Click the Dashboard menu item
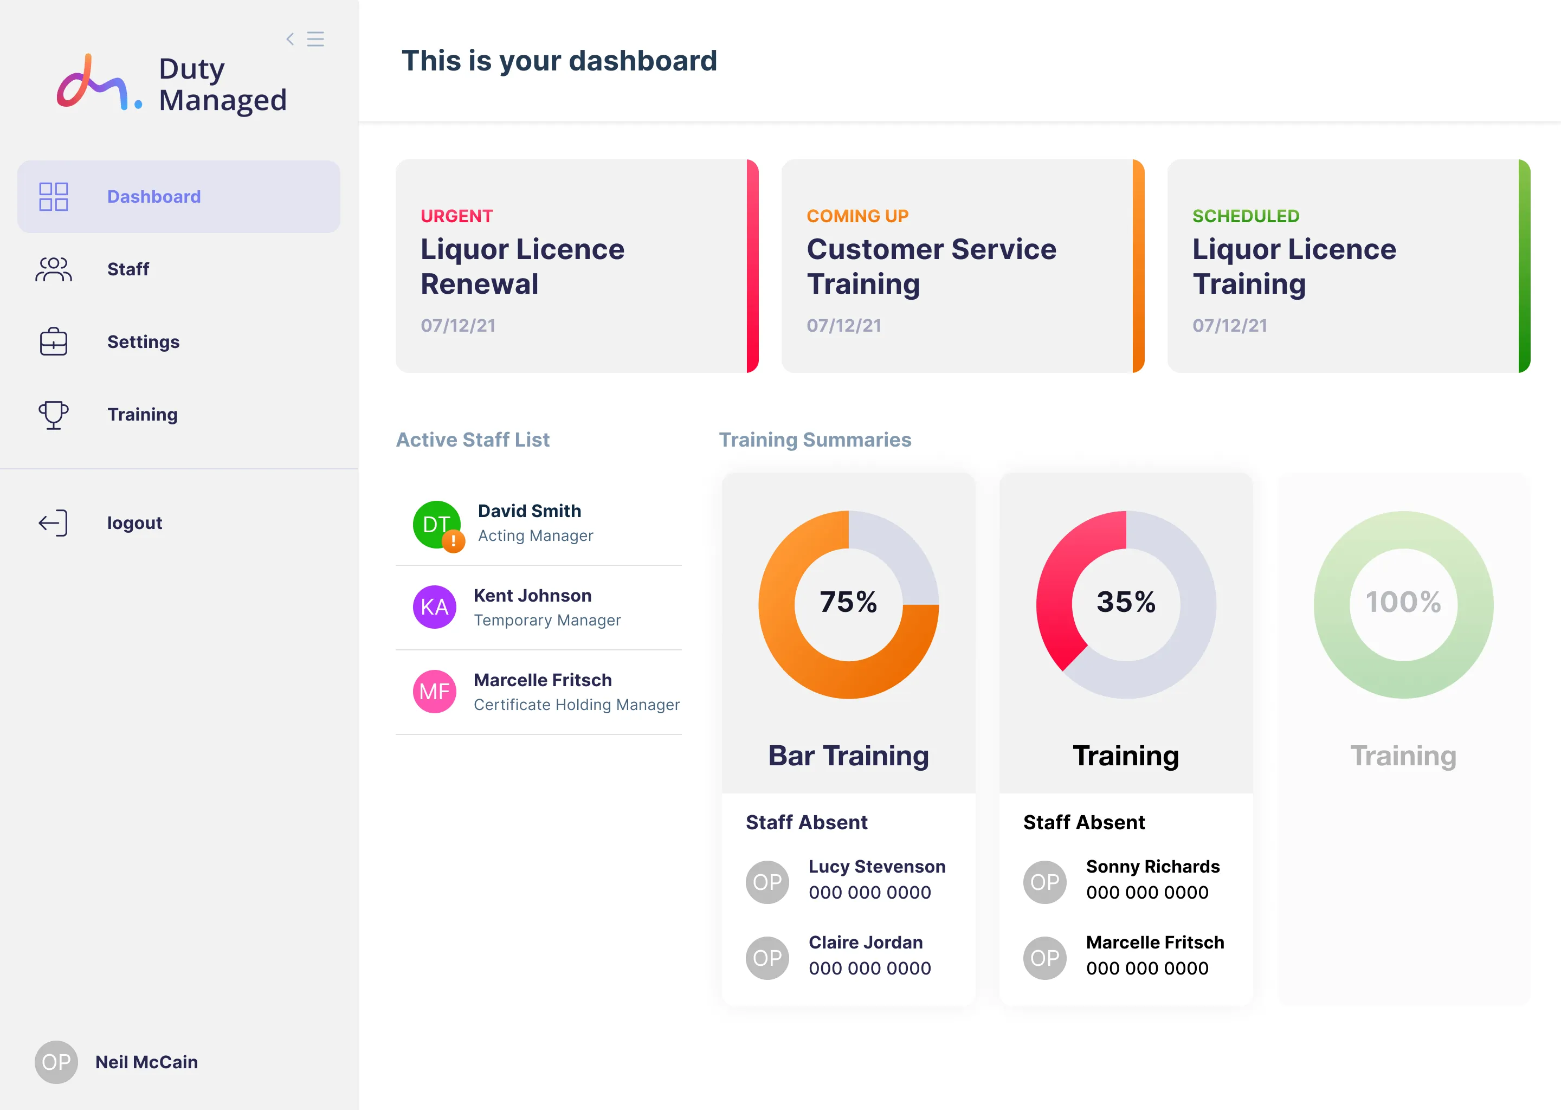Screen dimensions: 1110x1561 154,197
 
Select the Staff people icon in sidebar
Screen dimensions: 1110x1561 53,269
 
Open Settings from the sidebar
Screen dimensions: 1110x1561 143,342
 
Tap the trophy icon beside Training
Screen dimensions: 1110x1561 53,414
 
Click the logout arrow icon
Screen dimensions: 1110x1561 53,523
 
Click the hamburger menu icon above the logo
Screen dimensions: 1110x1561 315,39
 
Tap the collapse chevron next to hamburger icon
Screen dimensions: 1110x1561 291,39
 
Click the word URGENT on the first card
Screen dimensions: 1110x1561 456,216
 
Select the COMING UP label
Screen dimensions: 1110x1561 857,216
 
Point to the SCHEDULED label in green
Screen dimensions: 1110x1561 1245,216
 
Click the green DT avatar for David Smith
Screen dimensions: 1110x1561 435,524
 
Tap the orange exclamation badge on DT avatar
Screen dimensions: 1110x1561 453,541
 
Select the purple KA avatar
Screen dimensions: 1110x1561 435,607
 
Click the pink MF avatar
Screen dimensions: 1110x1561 435,691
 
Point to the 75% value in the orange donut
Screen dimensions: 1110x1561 848,602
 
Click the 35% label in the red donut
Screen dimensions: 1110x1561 1126,602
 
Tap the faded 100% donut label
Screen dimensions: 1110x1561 1403,602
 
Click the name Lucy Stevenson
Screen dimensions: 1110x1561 877,867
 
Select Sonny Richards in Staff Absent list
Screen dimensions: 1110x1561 1152,867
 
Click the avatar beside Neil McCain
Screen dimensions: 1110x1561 56,1061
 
